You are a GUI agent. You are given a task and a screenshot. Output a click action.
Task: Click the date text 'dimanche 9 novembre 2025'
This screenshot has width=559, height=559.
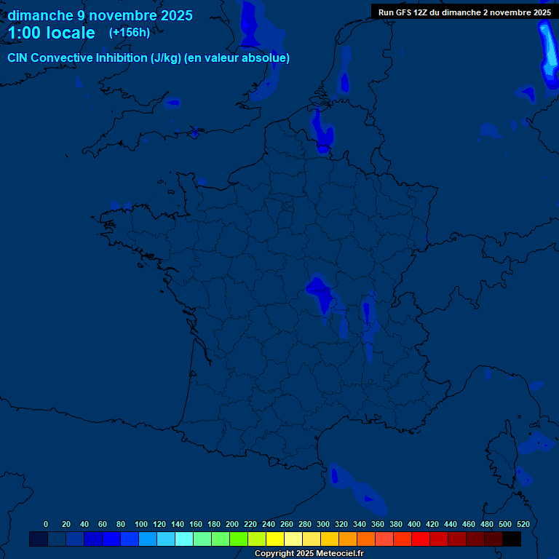click(x=100, y=15)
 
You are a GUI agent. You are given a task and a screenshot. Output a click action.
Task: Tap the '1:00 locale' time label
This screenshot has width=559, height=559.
click(x=52, y=33)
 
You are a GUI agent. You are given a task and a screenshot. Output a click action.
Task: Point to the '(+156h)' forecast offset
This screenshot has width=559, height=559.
click(x=130, y=32)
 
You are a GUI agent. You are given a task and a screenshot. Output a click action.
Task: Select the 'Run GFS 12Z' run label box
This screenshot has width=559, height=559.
click(x=464, y=12)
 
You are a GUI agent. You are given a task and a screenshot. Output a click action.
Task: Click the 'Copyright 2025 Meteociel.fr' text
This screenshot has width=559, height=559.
click(x=309, y=553)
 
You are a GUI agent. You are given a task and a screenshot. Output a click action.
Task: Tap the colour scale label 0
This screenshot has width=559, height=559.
click(x=46, y=524)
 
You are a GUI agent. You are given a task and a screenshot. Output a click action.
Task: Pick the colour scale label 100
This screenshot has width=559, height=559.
click(x=141, y=524)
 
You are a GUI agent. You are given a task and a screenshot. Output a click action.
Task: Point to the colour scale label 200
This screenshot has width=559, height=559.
click(x=232, y=524)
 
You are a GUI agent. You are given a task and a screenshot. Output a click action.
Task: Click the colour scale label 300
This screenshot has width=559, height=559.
click(x=323, y=524)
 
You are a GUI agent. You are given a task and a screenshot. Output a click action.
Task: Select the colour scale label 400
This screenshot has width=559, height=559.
click(x=414, y=524)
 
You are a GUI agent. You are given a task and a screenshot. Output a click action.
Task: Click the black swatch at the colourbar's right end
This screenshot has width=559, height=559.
click(x=512, y=539)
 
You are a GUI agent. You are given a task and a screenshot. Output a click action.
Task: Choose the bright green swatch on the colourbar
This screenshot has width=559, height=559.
click(x=239, y=539)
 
